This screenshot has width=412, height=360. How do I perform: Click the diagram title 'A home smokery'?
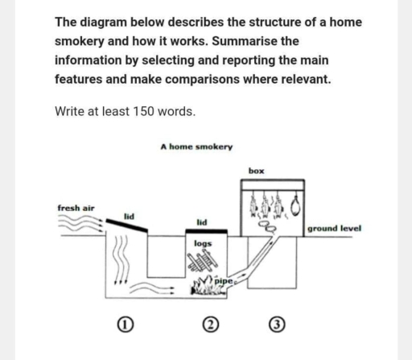point(196,147)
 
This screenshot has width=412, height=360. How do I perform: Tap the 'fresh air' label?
point(76,208)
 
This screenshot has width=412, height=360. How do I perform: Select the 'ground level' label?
point(334,228)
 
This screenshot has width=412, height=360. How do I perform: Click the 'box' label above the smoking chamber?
point(257,171)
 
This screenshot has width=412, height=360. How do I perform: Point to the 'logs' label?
point(203,242)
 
